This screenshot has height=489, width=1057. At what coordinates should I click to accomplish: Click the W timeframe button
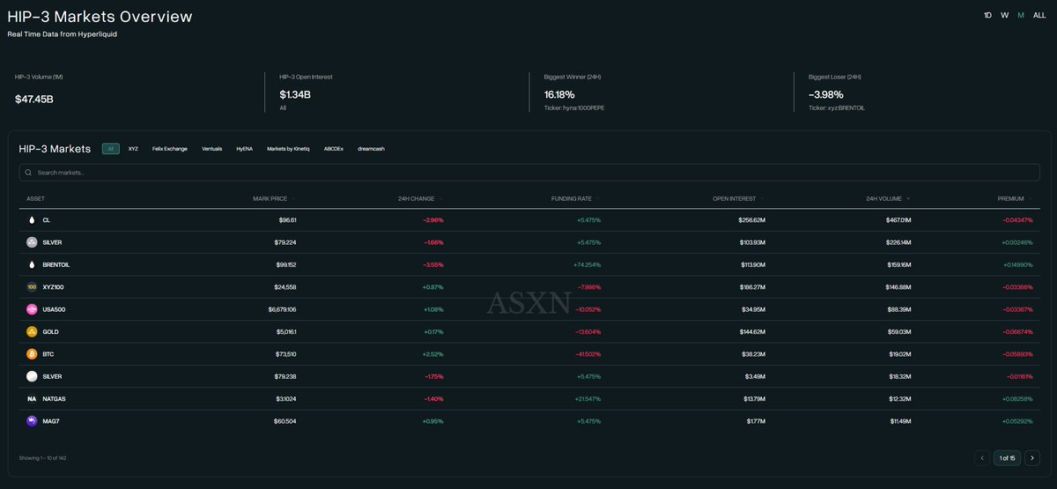(1004, 15)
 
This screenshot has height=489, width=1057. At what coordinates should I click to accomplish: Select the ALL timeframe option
(1039, 15)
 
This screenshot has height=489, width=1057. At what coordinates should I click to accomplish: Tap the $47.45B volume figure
(34, 99)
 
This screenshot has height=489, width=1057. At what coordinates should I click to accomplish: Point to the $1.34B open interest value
(295, 94)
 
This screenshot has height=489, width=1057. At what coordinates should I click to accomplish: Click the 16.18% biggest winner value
(558, 94)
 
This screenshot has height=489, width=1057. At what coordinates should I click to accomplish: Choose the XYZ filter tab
(133, 149)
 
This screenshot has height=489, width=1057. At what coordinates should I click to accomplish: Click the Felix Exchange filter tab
(169, 149)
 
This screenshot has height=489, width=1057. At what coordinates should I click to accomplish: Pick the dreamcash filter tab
(371, 149)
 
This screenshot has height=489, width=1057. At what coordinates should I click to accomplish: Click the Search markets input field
(528, 173)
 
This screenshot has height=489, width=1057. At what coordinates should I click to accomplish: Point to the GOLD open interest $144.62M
(751, 331)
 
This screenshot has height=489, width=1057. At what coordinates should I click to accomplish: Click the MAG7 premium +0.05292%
(1016, 421)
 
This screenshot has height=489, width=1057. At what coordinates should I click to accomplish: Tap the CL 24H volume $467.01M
(898, 219)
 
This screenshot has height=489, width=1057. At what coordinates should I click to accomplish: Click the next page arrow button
(1032, 457)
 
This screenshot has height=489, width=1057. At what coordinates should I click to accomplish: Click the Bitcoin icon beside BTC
(33, 354)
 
